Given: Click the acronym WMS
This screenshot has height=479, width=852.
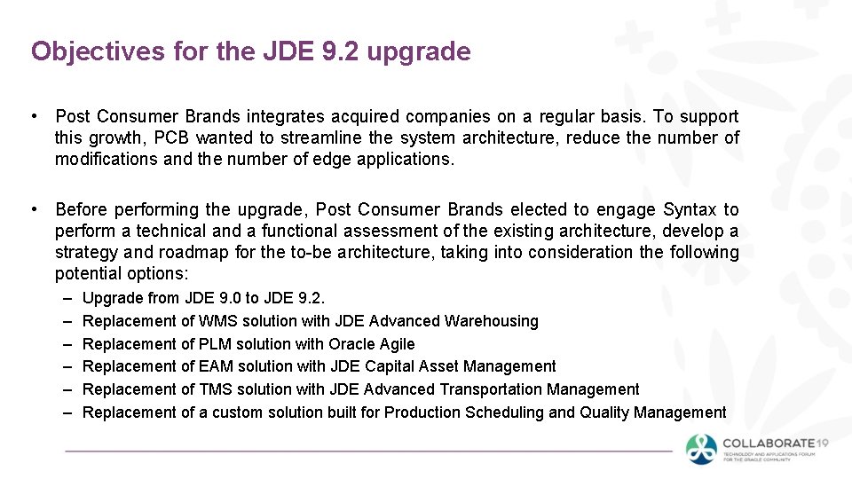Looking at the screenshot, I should tap(218, 321).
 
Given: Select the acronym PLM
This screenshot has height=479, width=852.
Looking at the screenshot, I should tap(217, 344).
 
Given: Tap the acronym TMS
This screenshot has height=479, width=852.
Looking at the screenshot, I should tap(217, 389).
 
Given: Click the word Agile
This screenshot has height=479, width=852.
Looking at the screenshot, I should tap(396, 344).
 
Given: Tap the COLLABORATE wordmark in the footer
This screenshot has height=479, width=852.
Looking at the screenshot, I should tap(769, 444).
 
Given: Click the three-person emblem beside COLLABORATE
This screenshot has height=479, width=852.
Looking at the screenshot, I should tap(702, 448).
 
